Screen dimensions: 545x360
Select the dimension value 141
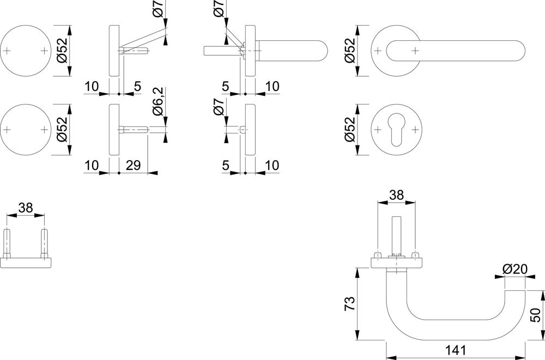coord(455,350)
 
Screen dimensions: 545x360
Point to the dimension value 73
coord(350,304)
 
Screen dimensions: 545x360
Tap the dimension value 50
coord(536,315)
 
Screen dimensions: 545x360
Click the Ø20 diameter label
coord(515,269)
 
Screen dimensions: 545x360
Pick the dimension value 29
coord(133,166)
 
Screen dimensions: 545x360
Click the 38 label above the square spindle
coord(397,196)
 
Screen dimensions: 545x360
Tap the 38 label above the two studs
coord(26,208)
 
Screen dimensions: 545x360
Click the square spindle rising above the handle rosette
coord(397,236)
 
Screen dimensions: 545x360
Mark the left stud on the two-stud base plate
coord(7,243)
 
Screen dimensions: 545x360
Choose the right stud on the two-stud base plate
coord(44,243)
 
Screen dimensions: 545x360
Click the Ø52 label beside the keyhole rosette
coord(350,130)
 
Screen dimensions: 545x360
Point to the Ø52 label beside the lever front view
coord(350,50)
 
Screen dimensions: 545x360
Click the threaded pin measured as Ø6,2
coord(134,130)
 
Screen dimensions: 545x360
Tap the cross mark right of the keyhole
coord(415,130)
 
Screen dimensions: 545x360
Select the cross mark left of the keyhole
coord(378,130)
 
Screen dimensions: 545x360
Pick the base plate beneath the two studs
coord(26,263)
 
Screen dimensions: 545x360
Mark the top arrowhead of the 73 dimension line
coord(357,273)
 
